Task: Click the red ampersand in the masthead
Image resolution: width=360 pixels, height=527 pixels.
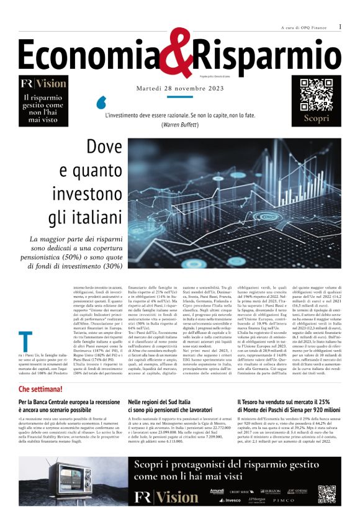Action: coord(174,53)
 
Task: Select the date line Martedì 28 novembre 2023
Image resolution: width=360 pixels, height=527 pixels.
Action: coord(179,88)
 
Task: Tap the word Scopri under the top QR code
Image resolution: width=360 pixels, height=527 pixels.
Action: coord(316,118)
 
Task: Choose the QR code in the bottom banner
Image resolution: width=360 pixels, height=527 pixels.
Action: coord(326,495)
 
